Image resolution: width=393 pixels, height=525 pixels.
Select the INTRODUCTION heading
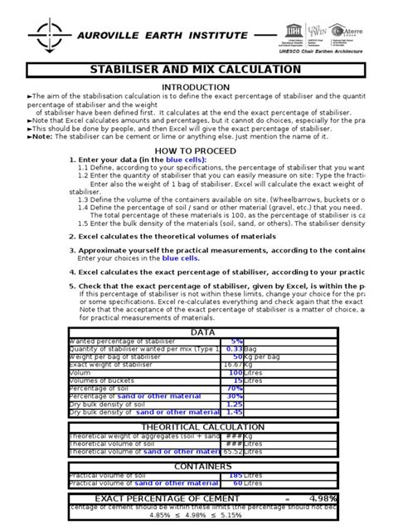coord(196,87)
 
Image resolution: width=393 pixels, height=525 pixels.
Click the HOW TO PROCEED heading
coord(196,151)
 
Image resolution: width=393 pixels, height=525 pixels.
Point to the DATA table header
coord(226,332)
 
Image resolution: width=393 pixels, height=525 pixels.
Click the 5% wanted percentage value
coord(236,341)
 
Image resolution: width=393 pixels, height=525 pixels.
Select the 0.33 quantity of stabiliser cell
coord(233,351)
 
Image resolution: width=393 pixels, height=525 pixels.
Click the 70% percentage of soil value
coord(235,387)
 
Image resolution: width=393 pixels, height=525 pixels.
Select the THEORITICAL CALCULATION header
coord(226,427)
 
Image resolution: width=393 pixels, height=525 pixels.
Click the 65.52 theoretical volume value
coord(232,453)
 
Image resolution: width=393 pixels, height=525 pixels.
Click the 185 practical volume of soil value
coord(235,475)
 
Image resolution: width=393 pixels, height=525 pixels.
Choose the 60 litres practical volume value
coord(237,483)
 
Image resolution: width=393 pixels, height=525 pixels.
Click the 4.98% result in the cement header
coord(347,498)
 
